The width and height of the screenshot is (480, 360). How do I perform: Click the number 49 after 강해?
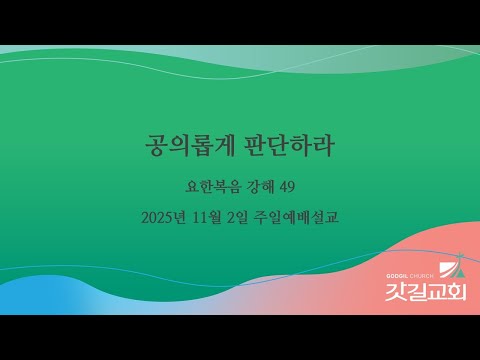[288, 186]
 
